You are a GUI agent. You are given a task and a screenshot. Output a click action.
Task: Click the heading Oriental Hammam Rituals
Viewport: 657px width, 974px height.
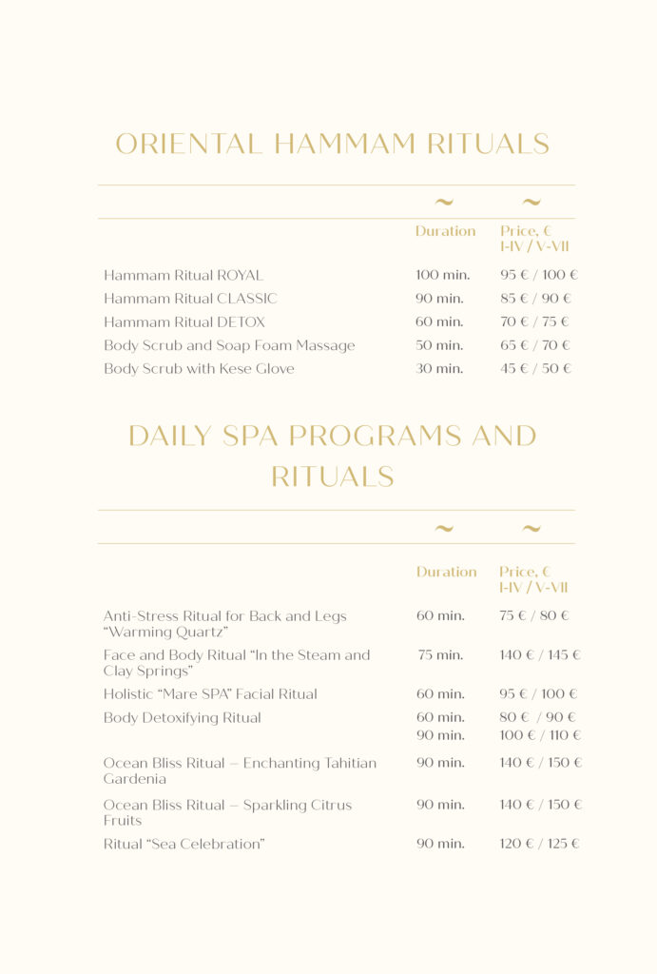click(332, 145)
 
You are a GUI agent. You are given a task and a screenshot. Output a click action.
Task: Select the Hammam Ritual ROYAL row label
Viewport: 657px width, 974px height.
click(183, 276)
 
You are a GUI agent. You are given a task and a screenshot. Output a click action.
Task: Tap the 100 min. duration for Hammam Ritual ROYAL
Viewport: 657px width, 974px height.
click(442, 276)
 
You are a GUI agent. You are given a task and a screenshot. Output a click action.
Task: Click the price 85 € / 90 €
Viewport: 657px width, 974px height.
click(535, 299)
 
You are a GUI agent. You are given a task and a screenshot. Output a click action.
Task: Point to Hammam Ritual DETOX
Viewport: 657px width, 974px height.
click(184, 322)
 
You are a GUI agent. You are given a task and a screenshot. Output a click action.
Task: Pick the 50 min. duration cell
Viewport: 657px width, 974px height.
click(439, 345)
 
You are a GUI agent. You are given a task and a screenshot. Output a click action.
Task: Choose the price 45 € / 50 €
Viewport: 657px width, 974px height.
click(535, 369)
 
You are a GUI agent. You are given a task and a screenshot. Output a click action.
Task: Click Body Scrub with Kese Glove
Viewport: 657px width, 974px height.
click(199, 369)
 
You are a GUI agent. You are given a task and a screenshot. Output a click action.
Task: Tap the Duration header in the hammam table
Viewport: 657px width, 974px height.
click(445, 231)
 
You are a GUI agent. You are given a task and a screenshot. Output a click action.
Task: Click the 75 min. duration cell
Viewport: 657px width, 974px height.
click(440, 655)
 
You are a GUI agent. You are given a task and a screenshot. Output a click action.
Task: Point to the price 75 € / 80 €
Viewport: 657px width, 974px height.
click(533, 616)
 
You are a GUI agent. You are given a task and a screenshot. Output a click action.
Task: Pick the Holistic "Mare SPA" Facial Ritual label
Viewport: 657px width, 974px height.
click(210, 694)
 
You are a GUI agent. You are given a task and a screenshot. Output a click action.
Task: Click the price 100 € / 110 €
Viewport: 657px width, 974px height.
click(539, 735)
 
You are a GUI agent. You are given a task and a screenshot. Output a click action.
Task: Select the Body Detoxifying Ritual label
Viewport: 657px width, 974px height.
click(182, 718)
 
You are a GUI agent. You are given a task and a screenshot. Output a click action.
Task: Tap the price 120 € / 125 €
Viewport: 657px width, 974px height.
click(539, 844)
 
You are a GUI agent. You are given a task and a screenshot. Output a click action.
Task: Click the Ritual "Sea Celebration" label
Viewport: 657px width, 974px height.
click(184, 844)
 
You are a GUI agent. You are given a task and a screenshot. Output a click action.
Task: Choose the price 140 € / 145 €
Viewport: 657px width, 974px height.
click(539, 655)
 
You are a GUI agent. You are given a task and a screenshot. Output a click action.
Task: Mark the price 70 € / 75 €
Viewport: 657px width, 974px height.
click(534, 322)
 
